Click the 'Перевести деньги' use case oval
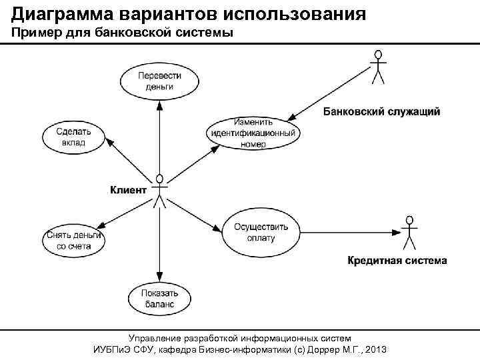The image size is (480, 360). coord(159,81)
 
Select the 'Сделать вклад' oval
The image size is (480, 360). coord(74,137)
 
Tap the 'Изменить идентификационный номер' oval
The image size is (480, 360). coord(252,133)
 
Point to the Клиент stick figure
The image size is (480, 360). coord(159,191)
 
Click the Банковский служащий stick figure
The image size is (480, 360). coord(378,66)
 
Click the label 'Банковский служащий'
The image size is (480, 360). coord(381,111)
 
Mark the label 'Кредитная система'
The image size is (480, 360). coord(397,260)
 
